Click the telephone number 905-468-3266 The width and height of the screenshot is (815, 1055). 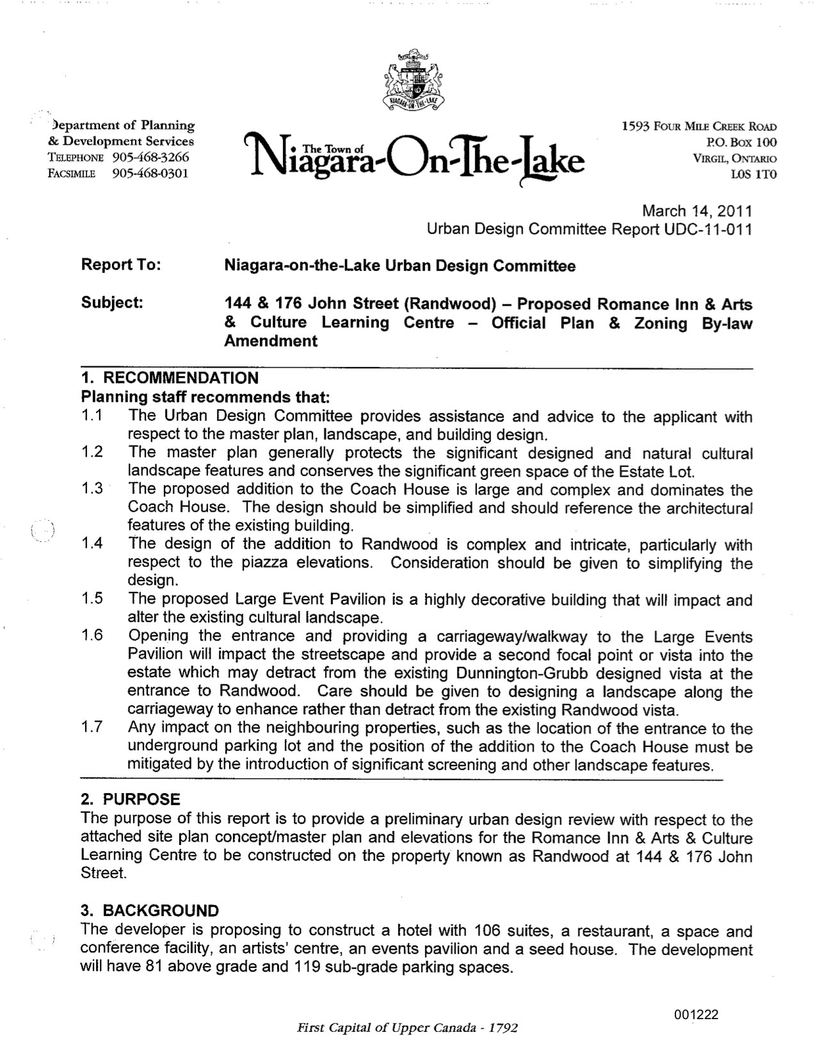150,158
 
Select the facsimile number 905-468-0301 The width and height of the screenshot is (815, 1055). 150,174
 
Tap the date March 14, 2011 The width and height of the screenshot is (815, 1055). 697,211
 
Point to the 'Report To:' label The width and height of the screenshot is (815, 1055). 121,265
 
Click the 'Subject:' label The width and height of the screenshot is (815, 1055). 112,302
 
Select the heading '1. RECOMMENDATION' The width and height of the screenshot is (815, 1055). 170,378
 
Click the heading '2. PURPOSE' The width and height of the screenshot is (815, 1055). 131,799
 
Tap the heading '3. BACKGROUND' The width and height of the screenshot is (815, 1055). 150,911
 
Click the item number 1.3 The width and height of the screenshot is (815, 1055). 92,489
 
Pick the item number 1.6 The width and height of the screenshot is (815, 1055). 92,636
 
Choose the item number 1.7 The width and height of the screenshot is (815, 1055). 92,728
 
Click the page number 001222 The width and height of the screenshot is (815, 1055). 696,1015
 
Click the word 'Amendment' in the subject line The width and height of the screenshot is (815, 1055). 270,341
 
